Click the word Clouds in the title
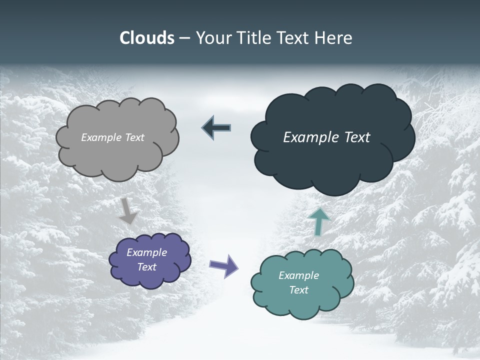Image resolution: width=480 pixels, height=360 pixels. (146, 38)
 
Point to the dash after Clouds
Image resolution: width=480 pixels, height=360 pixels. (184, 38)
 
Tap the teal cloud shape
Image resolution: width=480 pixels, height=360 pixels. (302, 300)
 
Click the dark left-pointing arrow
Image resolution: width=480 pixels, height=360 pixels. (216, 128)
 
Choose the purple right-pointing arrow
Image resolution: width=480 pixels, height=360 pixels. (223, 266)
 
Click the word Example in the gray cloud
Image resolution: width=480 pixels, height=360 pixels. (100, 137)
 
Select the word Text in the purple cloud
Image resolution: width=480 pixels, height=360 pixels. (146, 267)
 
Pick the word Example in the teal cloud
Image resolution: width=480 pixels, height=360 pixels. (298, 275)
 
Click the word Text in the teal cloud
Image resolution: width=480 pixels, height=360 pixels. (298, 290)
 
